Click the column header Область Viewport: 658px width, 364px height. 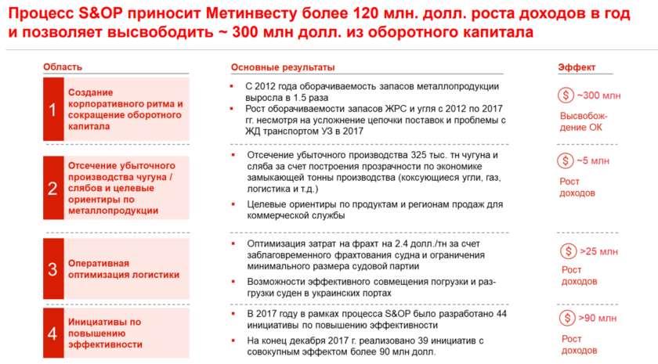pos(62,67)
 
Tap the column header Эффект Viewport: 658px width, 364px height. pos(577,67)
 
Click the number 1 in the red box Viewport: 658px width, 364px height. pos(52,110)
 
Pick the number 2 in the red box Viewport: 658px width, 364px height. pos(52,188)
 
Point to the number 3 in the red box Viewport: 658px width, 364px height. pos(52,269)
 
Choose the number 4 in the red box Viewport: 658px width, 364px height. pos(52,333)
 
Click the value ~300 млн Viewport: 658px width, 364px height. pos(599,96)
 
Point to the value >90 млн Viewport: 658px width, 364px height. pos(598,319)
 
